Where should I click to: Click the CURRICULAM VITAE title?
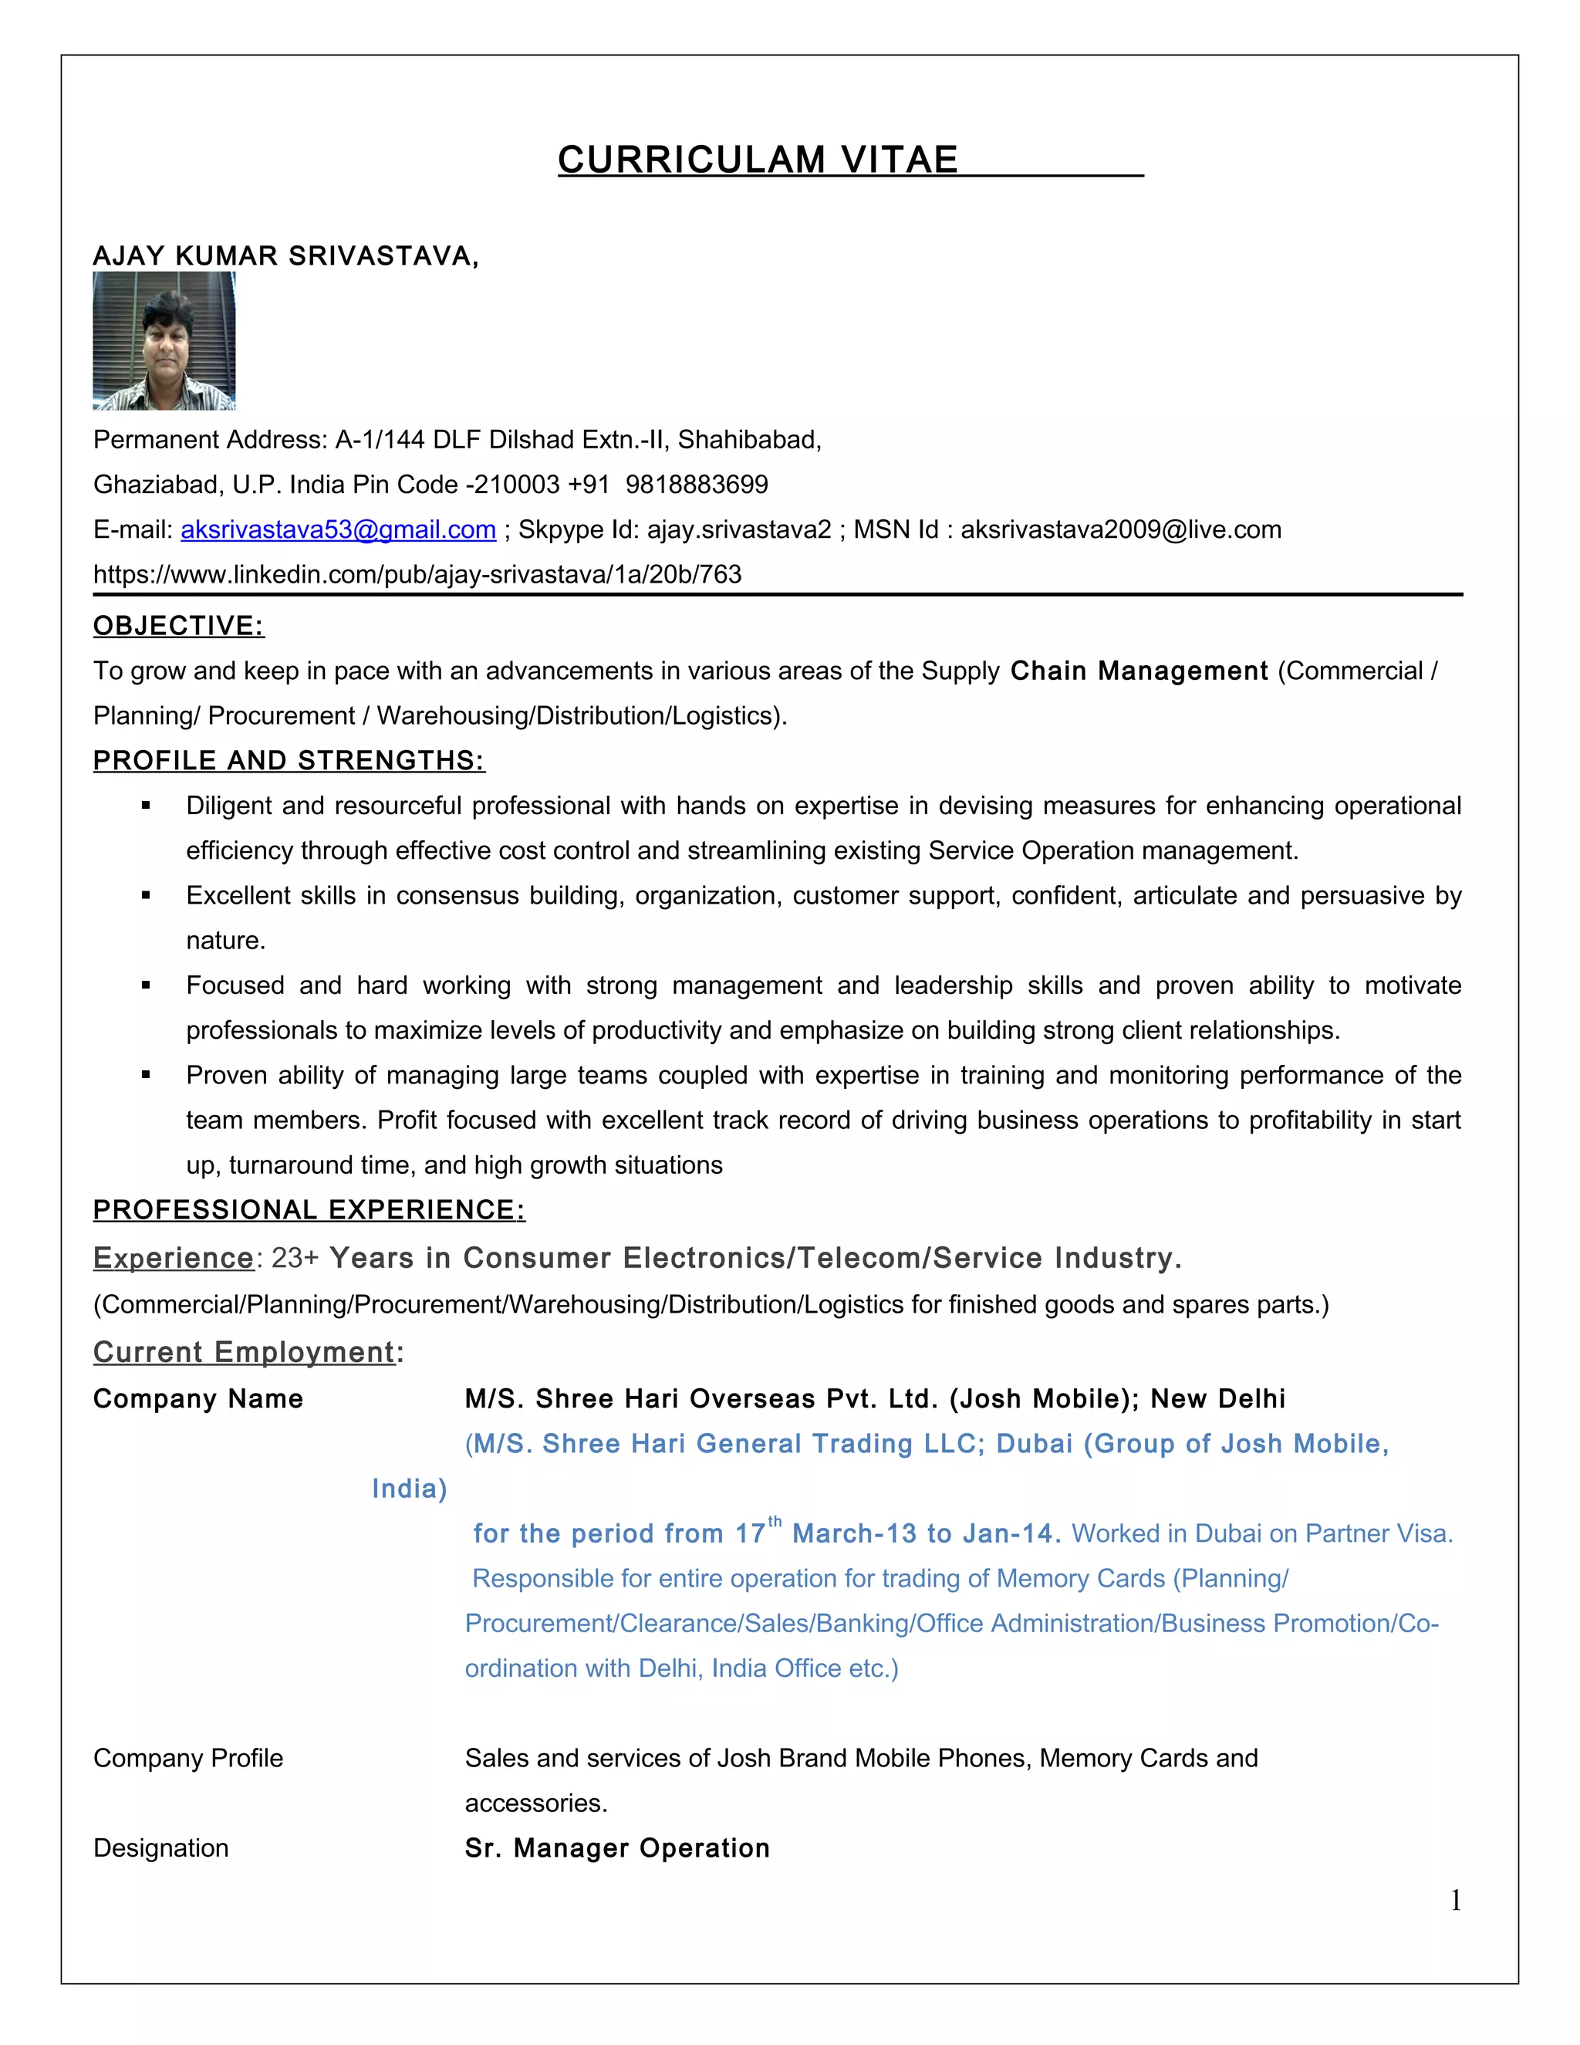[758, 160]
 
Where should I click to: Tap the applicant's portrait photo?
[164, 341]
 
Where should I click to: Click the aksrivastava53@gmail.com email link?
[338, 530]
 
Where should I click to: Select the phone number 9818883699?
[697, 485]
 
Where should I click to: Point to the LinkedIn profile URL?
[417, 575]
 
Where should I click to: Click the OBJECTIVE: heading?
[179, 627]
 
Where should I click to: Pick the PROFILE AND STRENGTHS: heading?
[289, 761]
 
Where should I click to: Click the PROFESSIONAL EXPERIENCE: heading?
[309, 1211]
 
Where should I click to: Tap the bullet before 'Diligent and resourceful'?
[146, 806]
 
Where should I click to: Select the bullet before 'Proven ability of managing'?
[146, 1076]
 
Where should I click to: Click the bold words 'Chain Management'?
[1138, 671]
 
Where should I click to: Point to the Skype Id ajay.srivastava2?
[738, 530]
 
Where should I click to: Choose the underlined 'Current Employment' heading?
[243, 1353]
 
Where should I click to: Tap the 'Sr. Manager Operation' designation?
[617, 1848]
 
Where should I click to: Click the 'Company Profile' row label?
[188, 1759]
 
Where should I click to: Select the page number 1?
[1456, 1900]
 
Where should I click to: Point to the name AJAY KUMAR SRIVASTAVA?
[284, 256]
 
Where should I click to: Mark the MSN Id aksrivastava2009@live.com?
[1120, 530]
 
